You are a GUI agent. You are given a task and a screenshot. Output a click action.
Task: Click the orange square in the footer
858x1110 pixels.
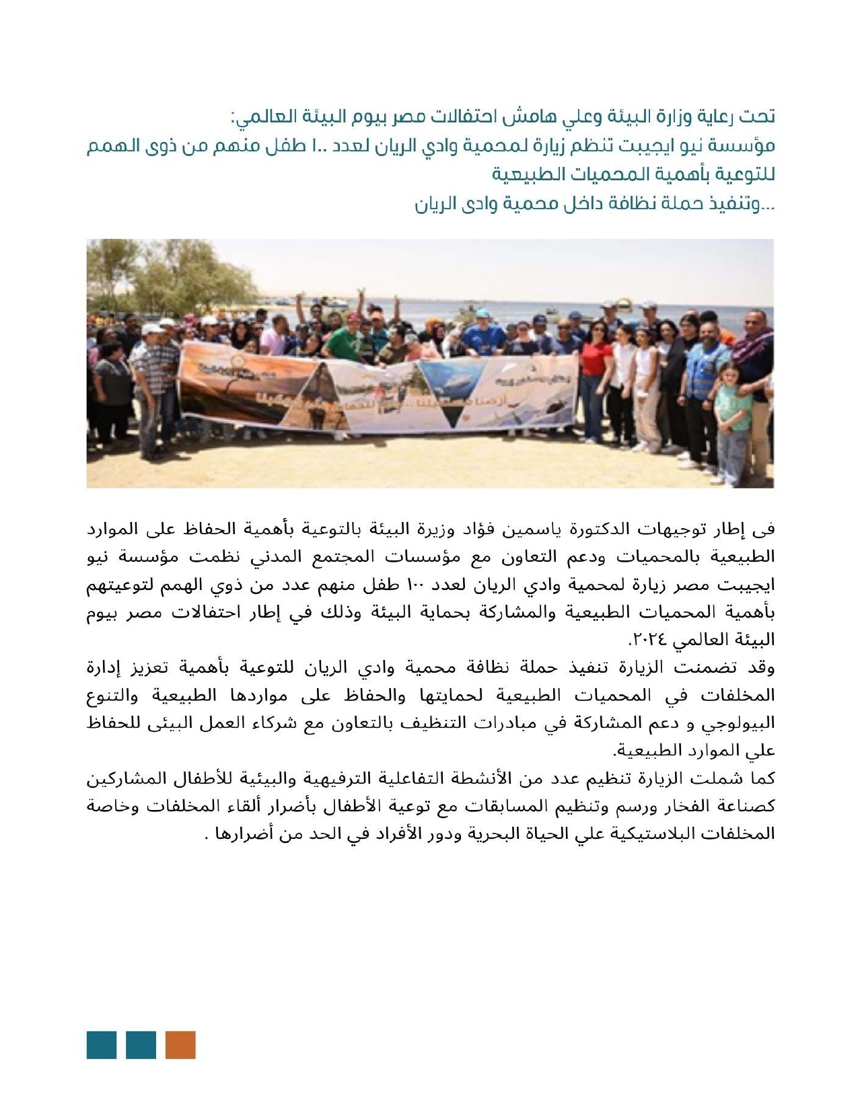(x=180, y=1045)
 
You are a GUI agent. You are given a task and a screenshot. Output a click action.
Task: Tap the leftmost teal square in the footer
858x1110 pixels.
(x=102, y=1045)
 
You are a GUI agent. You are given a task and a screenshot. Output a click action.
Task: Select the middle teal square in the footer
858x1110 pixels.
(x=141, y=1045)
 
